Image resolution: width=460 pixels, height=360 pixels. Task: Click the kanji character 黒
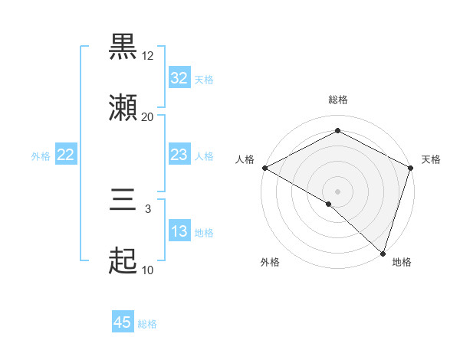123,47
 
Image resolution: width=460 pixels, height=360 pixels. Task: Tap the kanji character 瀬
123,109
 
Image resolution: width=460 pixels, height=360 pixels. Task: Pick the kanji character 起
123,263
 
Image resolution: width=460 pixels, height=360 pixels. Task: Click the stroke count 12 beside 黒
148,56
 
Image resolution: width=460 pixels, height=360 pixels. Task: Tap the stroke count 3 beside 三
148,209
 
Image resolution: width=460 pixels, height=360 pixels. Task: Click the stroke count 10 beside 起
148,270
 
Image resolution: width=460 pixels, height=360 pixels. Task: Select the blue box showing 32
179,78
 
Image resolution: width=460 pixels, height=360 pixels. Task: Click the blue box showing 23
179,155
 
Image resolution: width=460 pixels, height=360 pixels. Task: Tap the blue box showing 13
179,232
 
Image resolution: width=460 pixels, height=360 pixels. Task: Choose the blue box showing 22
66,155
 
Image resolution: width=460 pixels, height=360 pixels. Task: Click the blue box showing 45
123,323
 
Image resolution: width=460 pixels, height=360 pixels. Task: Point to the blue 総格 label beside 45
147,324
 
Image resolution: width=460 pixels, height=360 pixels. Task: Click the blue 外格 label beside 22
41,156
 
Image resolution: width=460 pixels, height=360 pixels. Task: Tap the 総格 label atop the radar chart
338,100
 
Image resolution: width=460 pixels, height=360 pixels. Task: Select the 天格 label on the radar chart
431,159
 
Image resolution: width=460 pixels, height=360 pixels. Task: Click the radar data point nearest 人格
264,168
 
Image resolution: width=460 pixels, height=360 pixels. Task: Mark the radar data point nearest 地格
383,254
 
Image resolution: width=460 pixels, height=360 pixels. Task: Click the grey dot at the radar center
337,191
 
